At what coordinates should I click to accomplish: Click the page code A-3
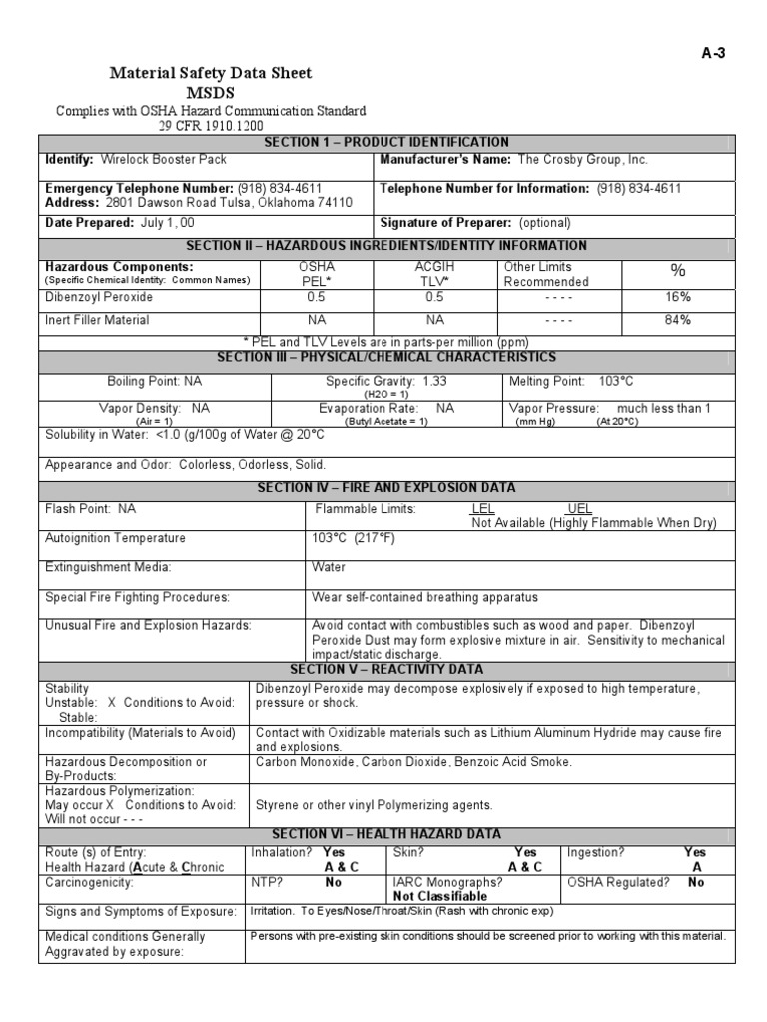click(713, 54)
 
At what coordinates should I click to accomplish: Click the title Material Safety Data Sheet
click(210, 73)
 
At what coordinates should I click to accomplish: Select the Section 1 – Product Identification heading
click(385, 142)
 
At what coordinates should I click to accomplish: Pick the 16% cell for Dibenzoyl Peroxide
click(678, 297)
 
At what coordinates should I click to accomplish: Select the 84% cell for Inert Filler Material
click(678, 320)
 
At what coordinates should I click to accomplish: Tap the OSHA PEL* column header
click(317, 274)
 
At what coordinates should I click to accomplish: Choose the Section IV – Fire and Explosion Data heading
click(385, 488)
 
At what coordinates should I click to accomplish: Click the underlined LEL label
click(482, 509)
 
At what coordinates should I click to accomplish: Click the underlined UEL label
click(579, 509)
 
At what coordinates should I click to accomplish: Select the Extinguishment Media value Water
click(329, 567)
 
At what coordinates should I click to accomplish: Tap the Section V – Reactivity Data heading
click(385, 669)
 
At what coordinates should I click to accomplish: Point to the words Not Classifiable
click(440, 896)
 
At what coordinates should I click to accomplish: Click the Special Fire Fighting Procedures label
click(137, 597)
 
